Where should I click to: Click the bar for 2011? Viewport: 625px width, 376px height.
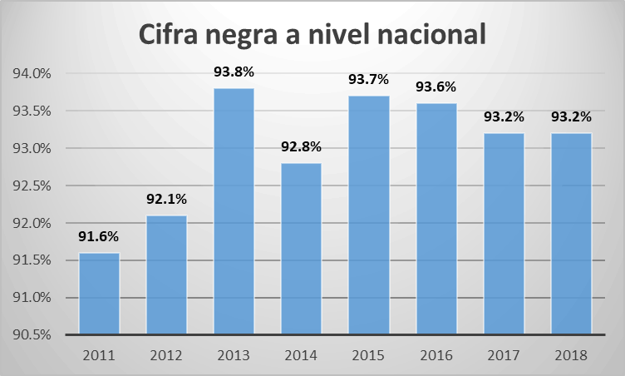click(99, 294)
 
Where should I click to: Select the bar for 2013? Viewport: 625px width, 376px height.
click(234, 211)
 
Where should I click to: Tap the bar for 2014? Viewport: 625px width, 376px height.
click(301, 249)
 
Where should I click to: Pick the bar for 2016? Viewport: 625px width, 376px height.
click(436, 219)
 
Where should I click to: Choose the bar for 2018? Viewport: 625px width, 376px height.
click(570, 234)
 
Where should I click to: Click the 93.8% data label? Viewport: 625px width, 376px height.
click(234, 72)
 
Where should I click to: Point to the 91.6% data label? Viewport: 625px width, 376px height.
click(99, 237)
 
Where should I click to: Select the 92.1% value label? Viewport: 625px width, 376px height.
click(166, 200)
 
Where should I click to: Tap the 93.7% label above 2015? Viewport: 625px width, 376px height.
click(368, 80)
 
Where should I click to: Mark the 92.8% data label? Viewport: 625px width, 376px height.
click(301, 147)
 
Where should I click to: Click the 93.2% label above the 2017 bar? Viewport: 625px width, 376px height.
click(503, 117)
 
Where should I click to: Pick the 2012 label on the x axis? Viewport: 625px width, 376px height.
click(166, 355)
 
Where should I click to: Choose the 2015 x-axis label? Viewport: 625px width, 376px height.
click(368, 355)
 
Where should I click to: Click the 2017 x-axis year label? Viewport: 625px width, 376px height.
click(503, 355)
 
